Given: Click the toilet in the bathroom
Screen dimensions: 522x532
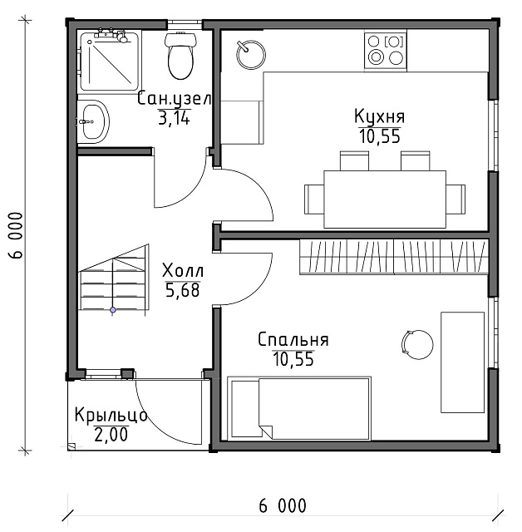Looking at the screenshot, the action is point(180,56).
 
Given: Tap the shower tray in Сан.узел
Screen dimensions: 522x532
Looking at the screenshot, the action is point(109,61).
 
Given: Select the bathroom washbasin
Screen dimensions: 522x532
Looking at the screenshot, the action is point(94,121).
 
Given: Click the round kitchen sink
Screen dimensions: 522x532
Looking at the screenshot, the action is point(251,55).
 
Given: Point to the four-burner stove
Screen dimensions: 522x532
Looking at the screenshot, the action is point(386,50).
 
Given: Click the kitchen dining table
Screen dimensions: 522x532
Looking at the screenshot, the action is point(385,199).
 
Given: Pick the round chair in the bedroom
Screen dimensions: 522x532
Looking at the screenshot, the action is point(417,344).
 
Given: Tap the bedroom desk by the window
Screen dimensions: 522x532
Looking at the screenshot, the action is point(462,362).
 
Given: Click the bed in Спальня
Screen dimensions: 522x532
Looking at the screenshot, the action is point(299,408).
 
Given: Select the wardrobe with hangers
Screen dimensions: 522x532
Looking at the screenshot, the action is point(394,257).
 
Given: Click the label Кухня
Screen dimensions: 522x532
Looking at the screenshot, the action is point(380,116).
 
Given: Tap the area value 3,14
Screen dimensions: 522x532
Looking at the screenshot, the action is point(174,118).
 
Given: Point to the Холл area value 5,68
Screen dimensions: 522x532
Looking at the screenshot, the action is point(183,290).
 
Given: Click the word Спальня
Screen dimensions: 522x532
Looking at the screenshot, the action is point(293,340).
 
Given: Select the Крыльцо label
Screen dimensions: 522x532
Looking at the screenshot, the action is point(111,416).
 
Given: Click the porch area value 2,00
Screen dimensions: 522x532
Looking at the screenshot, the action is point(111,435).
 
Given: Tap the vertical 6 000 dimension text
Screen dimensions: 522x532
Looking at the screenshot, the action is point(16,235).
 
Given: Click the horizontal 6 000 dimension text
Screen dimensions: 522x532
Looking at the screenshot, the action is point(283,506).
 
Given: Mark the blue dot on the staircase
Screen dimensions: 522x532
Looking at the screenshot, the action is point(113,310).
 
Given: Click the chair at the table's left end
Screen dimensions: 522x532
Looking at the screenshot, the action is point(314,199).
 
